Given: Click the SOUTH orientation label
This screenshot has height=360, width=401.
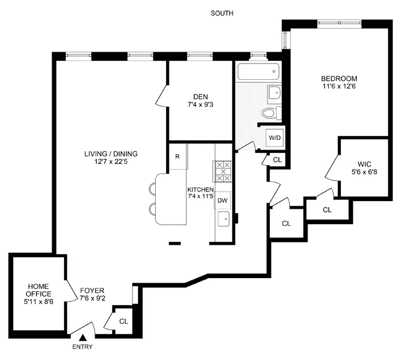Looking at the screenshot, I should [222, 13].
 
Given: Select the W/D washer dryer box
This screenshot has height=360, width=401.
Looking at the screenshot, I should [276, 138].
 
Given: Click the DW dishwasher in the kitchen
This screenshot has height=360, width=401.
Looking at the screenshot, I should [222, 200].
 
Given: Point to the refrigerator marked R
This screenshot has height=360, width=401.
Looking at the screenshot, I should [178, 156].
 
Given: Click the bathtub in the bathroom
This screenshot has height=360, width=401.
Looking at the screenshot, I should [258, 72].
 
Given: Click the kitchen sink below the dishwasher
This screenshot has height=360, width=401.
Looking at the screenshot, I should [223, 218].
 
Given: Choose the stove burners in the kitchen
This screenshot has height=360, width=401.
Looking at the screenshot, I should [222, 171].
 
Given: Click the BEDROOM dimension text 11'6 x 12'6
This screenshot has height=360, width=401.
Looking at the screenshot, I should [339, 87].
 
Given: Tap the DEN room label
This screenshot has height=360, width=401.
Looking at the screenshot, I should [200, 97].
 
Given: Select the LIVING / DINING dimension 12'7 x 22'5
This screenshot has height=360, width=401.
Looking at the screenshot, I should [111, 162].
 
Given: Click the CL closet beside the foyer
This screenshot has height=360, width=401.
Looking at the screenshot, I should [123, 321].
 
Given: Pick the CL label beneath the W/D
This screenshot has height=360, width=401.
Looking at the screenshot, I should [277, 160].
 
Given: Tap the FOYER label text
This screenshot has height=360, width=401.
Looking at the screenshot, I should [92, 290].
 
